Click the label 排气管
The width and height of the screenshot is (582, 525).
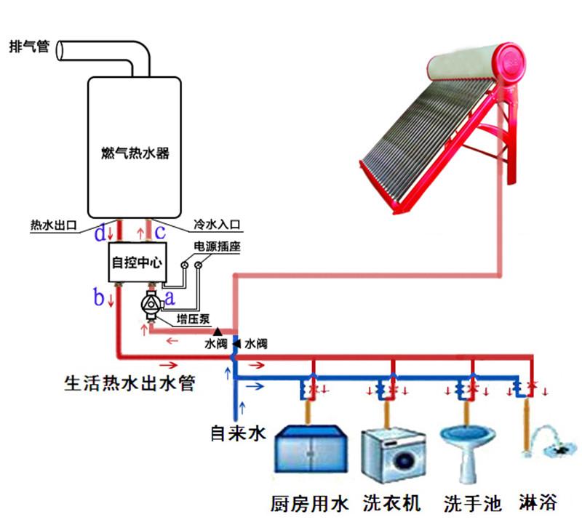(28, 47)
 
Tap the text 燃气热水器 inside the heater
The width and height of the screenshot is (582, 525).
(135, 153)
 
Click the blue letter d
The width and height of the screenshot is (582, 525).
(100, 233)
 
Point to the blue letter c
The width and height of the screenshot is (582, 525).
(160, 232)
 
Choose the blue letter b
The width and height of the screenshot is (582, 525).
(99, 297)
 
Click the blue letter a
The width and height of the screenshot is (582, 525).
(170, 296)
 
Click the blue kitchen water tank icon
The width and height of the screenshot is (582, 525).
(309, 449)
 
